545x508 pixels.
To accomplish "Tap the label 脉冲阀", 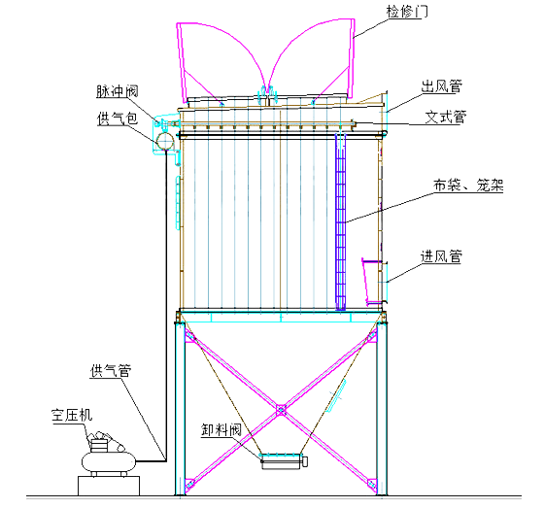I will (x=119, y=93).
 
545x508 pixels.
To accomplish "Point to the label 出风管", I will (x=441, y=87).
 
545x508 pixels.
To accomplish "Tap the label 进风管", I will (x=441, y=257).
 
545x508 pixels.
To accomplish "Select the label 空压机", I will (x=72, y=415).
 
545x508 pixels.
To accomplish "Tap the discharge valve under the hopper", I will (x=283, y=459).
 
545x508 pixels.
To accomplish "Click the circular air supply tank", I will (x=164, y=141).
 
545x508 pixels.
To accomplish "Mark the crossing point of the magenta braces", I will (x=280, y=409).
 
